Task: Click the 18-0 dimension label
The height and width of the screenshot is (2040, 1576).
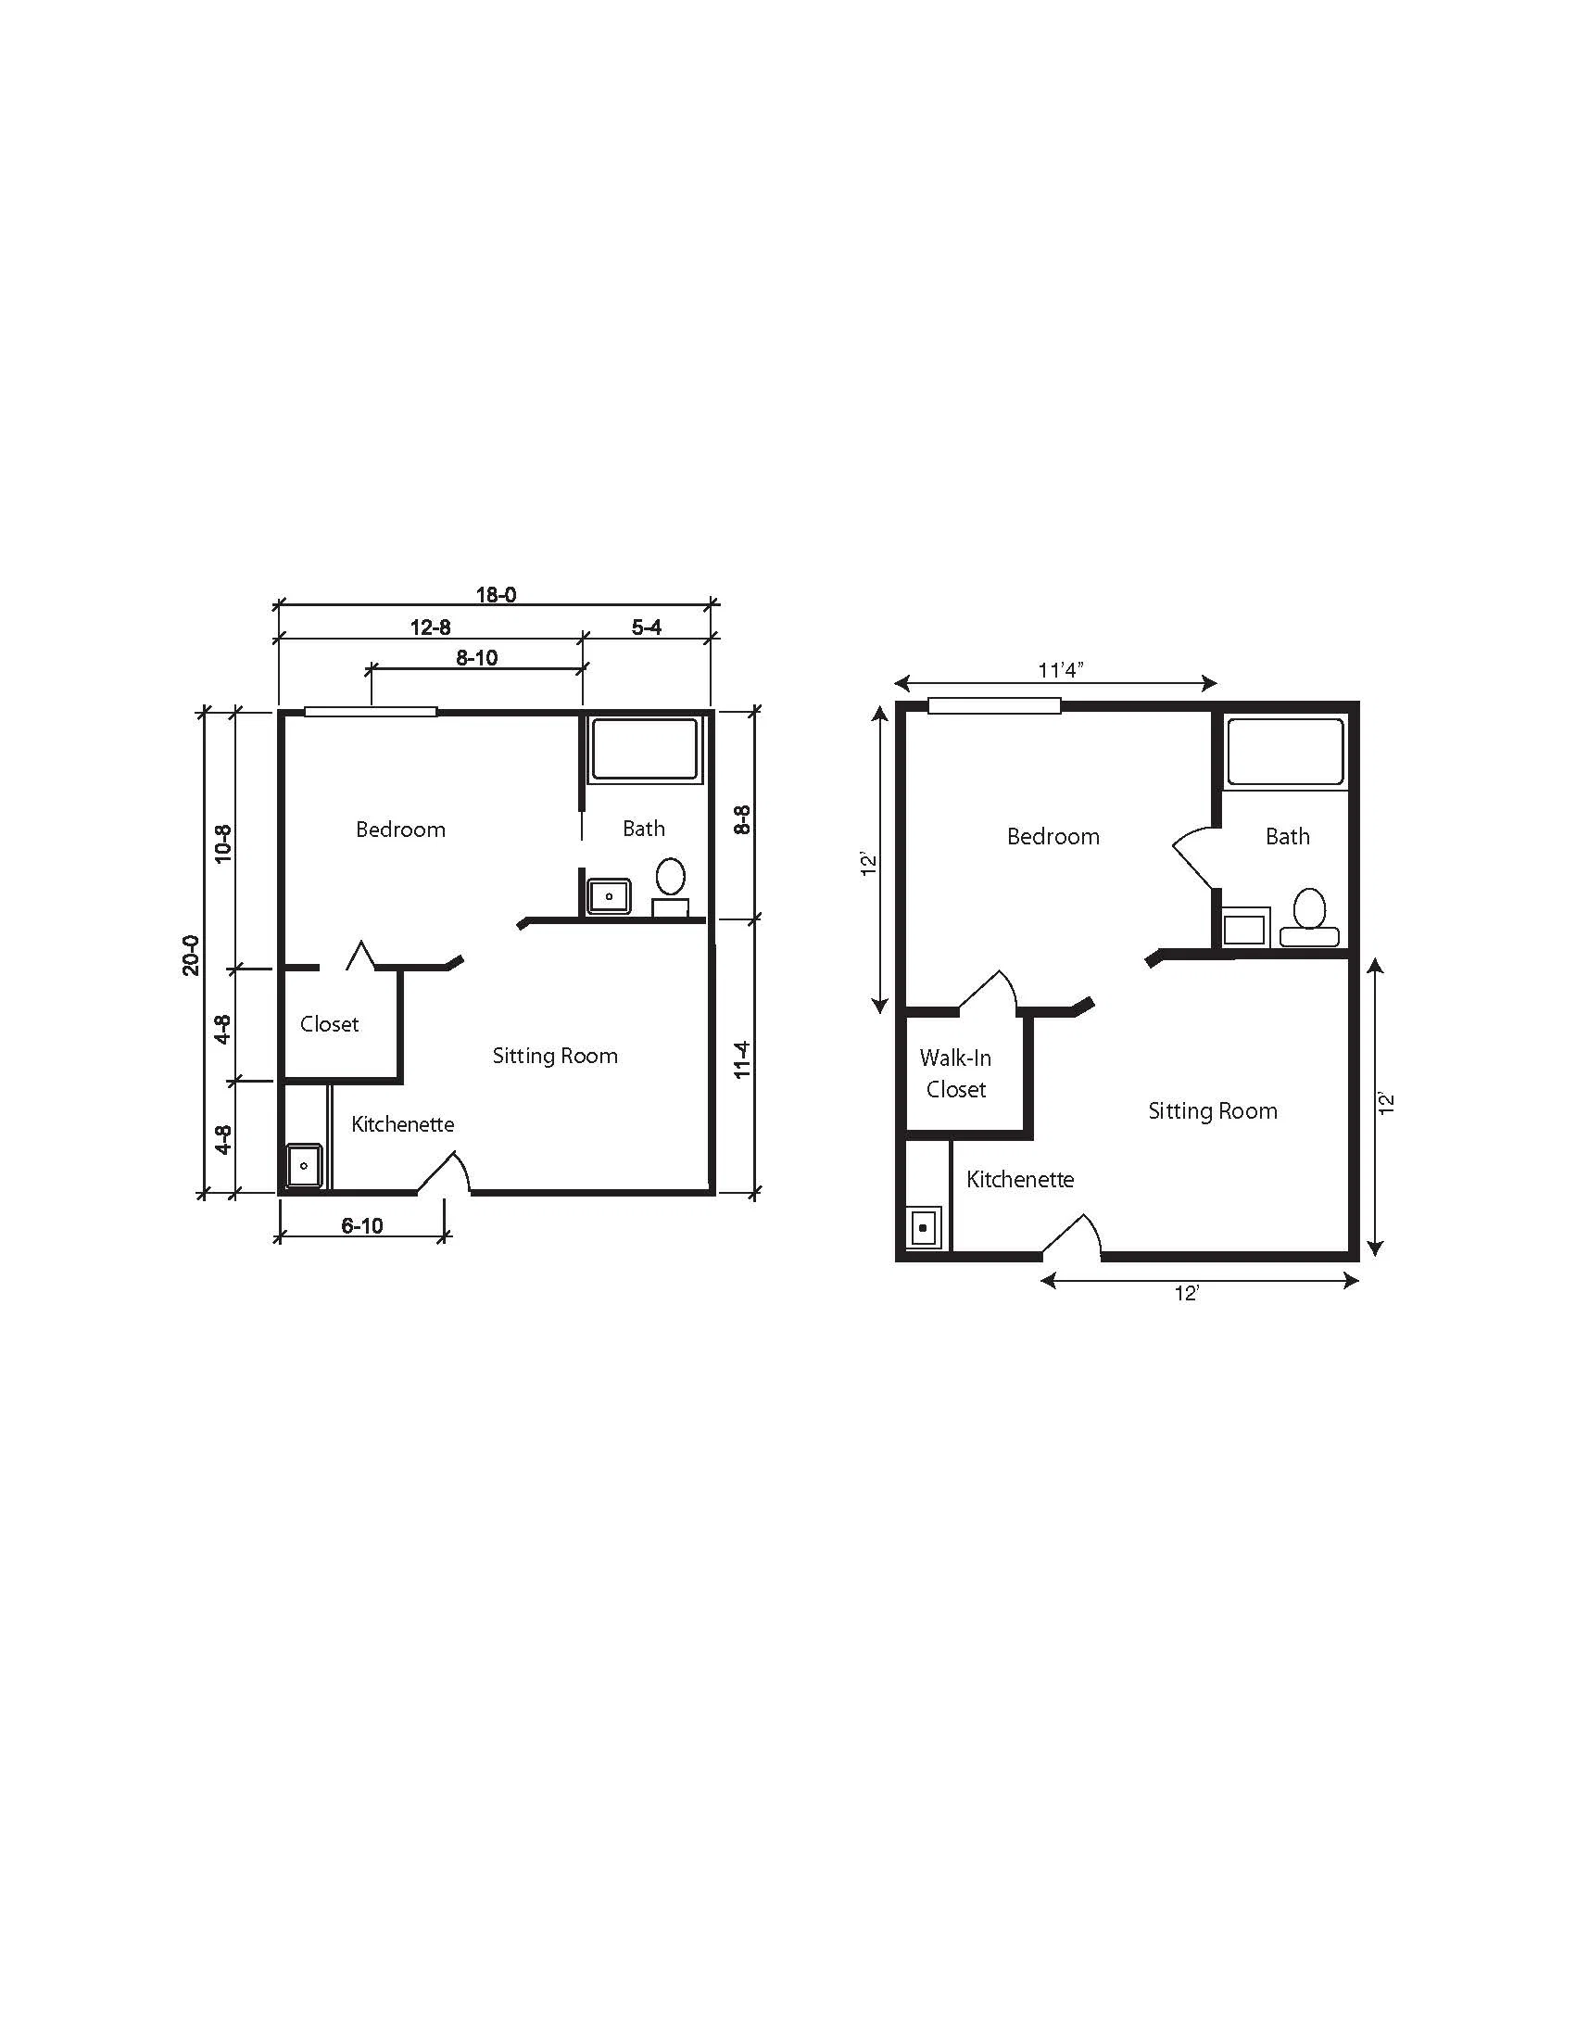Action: pyautogui.click(x=496, y=595)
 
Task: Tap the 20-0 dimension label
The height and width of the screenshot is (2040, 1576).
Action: pyautogui.click(x=191, y=955)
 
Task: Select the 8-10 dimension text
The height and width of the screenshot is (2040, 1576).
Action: pyautogui.click(x=476, y=657)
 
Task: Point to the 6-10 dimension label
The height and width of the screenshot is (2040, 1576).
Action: pyautogui.click(x=361, y=1225)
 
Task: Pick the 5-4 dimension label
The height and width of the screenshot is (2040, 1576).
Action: pyautogui.click(x=646, y=627)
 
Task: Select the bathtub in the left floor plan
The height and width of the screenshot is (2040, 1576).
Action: pyautogui.click(x=644, y=749)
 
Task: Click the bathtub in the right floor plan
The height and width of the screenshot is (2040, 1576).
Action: pyautogui.click(x=1286, y=752)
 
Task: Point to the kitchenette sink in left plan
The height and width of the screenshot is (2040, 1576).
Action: pyautogui.click(x=305, y=1166)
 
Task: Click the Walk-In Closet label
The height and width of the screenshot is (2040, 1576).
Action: pyautogui.click(x=955, y=1073)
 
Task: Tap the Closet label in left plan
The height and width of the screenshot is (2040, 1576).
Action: pyautogui.click(x=330, y=1024)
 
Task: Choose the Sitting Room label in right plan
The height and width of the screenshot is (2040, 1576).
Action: pyautogui.click(x=1213, y=1110)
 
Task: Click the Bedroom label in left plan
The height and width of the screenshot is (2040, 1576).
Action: pyautogui.click(x=400, y=830)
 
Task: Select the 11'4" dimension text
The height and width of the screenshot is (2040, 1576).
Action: pyautogui.click(x=1061, y=670)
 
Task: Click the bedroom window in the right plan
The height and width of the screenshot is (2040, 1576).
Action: pyautogui.click(x=994, y=705)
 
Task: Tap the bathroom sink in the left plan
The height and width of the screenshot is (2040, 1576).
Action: pyautogui.click(x=609, y=896)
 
